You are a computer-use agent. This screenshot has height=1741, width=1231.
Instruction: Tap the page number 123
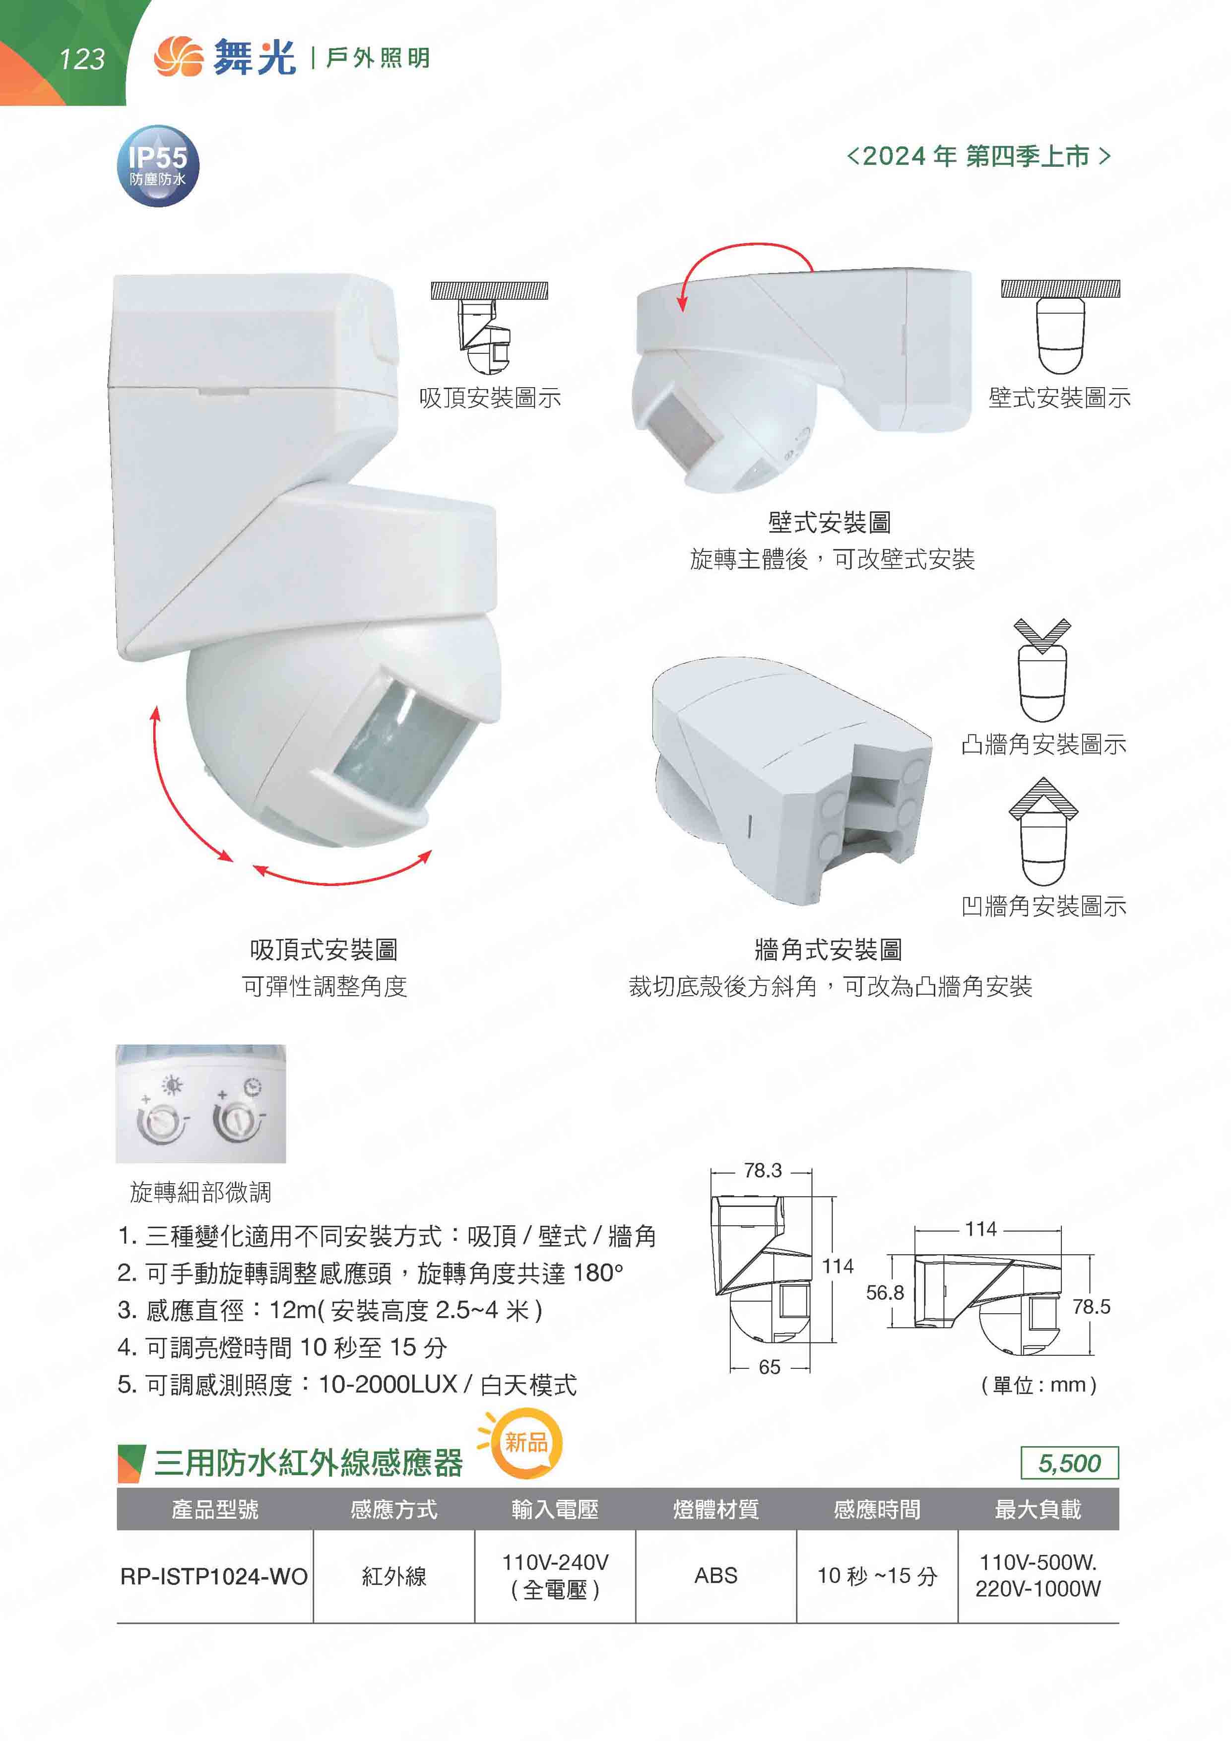[x=82, y=59]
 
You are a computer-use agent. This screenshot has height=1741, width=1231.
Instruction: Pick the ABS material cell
[x=715, y=1576]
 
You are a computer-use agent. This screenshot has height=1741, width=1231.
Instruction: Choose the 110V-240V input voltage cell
[x=555, y=1576]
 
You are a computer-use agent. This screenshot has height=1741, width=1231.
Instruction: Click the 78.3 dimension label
[x=763, y=1171]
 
